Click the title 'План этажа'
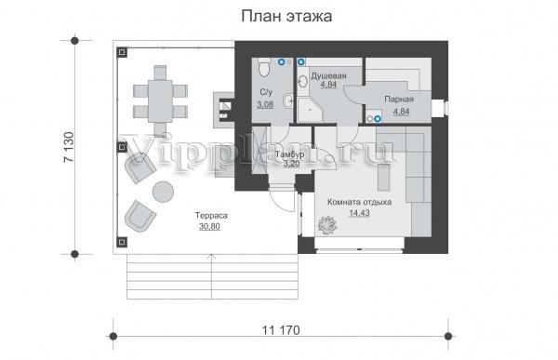point(286,17)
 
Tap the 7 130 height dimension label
point(69,147)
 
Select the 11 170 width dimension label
point(281,330)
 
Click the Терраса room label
point(211,216)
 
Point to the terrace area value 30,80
point(209,226)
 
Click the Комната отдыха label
point(359,202)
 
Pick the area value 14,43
point(359,213)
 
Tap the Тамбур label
point(289,154)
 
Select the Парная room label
point(399,100)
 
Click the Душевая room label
point(328,76)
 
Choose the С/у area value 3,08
point(265,104)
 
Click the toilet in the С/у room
point(264,67)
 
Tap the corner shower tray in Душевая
point(310,110)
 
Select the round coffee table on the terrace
point(163,192)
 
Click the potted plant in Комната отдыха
point(327,225)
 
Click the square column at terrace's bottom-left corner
point(122,243)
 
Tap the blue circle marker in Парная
point(378,119)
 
